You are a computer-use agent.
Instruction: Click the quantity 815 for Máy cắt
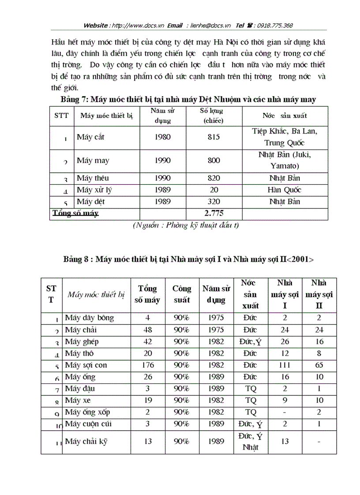(214, 137)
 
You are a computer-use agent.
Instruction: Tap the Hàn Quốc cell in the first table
(285, 190)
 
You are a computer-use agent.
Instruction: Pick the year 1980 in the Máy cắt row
(163, 137)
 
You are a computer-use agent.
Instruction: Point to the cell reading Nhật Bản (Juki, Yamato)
(285, 160)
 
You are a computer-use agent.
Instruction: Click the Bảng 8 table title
(188, 259)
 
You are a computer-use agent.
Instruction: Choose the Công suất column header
(182, 294)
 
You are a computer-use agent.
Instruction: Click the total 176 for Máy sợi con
(148, 365)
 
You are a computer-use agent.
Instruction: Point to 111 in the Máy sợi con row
(285, 365)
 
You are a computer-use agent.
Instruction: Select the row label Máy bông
(89, 317)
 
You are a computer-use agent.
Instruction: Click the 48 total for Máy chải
(148, 329)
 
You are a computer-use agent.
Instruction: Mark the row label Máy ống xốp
(87, 412)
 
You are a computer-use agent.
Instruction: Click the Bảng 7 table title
(188, 100)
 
